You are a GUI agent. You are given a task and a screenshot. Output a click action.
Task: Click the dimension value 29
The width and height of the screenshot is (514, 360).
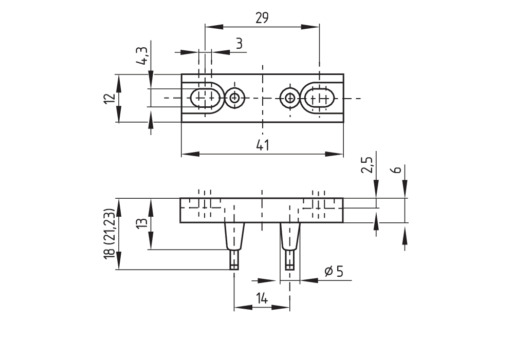coord(262,18)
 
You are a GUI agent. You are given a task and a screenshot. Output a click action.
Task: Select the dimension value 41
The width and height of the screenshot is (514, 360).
coord(262,145)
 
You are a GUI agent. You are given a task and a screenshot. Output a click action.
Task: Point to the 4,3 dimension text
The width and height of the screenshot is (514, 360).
coord(142,55)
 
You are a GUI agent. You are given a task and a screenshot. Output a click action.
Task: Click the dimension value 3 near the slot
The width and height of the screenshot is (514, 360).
coord(238,44)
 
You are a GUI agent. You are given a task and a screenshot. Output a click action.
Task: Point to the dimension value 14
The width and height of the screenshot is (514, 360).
coord(262,298)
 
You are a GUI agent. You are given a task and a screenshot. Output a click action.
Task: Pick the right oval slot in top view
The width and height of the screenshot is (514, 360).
coord(319,98)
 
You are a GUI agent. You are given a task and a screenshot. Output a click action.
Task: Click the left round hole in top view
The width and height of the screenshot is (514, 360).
coord(235,98)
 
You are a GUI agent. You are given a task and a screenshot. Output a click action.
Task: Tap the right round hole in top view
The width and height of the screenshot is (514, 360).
coord(290,98)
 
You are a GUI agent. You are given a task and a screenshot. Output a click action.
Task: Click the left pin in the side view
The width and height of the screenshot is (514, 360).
coord(234,236)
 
